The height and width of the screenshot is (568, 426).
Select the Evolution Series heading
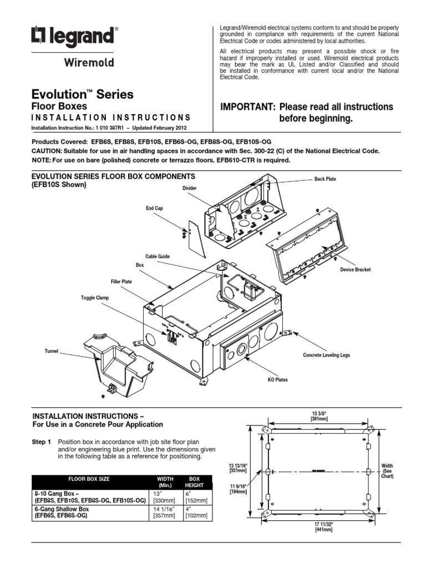(83, 94)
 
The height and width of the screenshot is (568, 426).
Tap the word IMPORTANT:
(248, 106)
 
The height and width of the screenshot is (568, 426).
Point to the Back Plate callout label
(325, 179)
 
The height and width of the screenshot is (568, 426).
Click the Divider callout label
(190, 189)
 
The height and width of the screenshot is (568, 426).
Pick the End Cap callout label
(154, 209)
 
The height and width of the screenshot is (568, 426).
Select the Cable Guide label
(157, 256)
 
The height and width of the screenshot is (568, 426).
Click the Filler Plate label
(121, 282)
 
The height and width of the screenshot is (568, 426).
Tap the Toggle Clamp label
(95, 298)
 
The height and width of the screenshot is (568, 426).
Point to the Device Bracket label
(355, 270)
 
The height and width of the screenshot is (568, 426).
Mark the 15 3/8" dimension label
(319, 415)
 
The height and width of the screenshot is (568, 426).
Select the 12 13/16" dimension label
(237, 467)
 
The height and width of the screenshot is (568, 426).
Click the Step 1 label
(42, 442)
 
